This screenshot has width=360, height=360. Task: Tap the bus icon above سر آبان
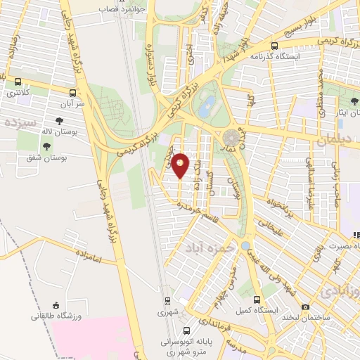pyautogui.click(x=73, y=91)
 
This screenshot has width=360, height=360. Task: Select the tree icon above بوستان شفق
pyautogui.click(x=46, y=147)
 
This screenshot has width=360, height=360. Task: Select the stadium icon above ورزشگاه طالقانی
pyautogui.click(x=56, y=305)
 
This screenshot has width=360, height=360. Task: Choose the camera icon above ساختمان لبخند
pyautogui.click(x=305, y=307)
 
